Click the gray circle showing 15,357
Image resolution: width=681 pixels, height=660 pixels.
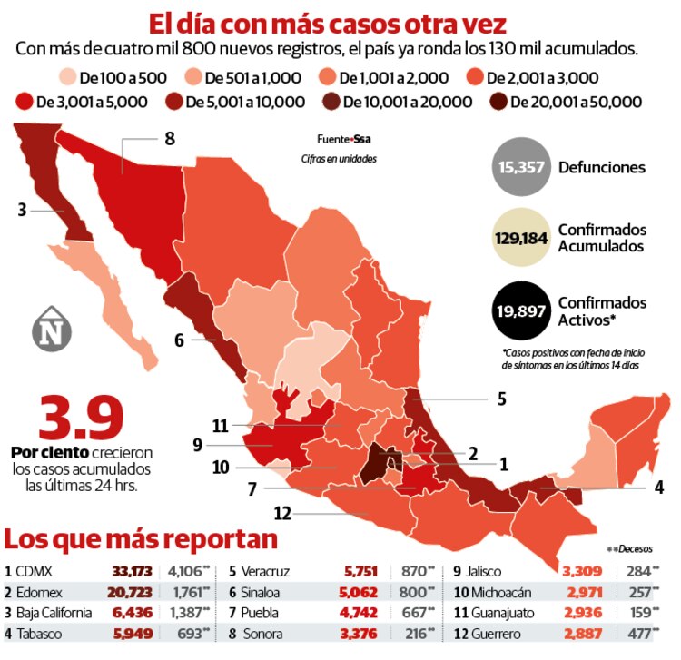click(x=520, y=167)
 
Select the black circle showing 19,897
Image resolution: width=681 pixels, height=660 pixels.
click(x=520, y=310)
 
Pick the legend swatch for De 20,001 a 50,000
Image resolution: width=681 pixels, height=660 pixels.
click(x=498, y=102)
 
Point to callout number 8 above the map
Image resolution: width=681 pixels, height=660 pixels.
click(x=169, y=138)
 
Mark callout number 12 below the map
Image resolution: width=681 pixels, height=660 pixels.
click(x=283, y=514)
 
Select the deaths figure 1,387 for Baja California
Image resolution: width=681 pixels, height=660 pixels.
click(x=188, y=613)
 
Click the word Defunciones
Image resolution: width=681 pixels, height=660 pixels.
click(x=602, y=167)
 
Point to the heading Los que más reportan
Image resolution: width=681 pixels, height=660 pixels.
click(x=141, y=538)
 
